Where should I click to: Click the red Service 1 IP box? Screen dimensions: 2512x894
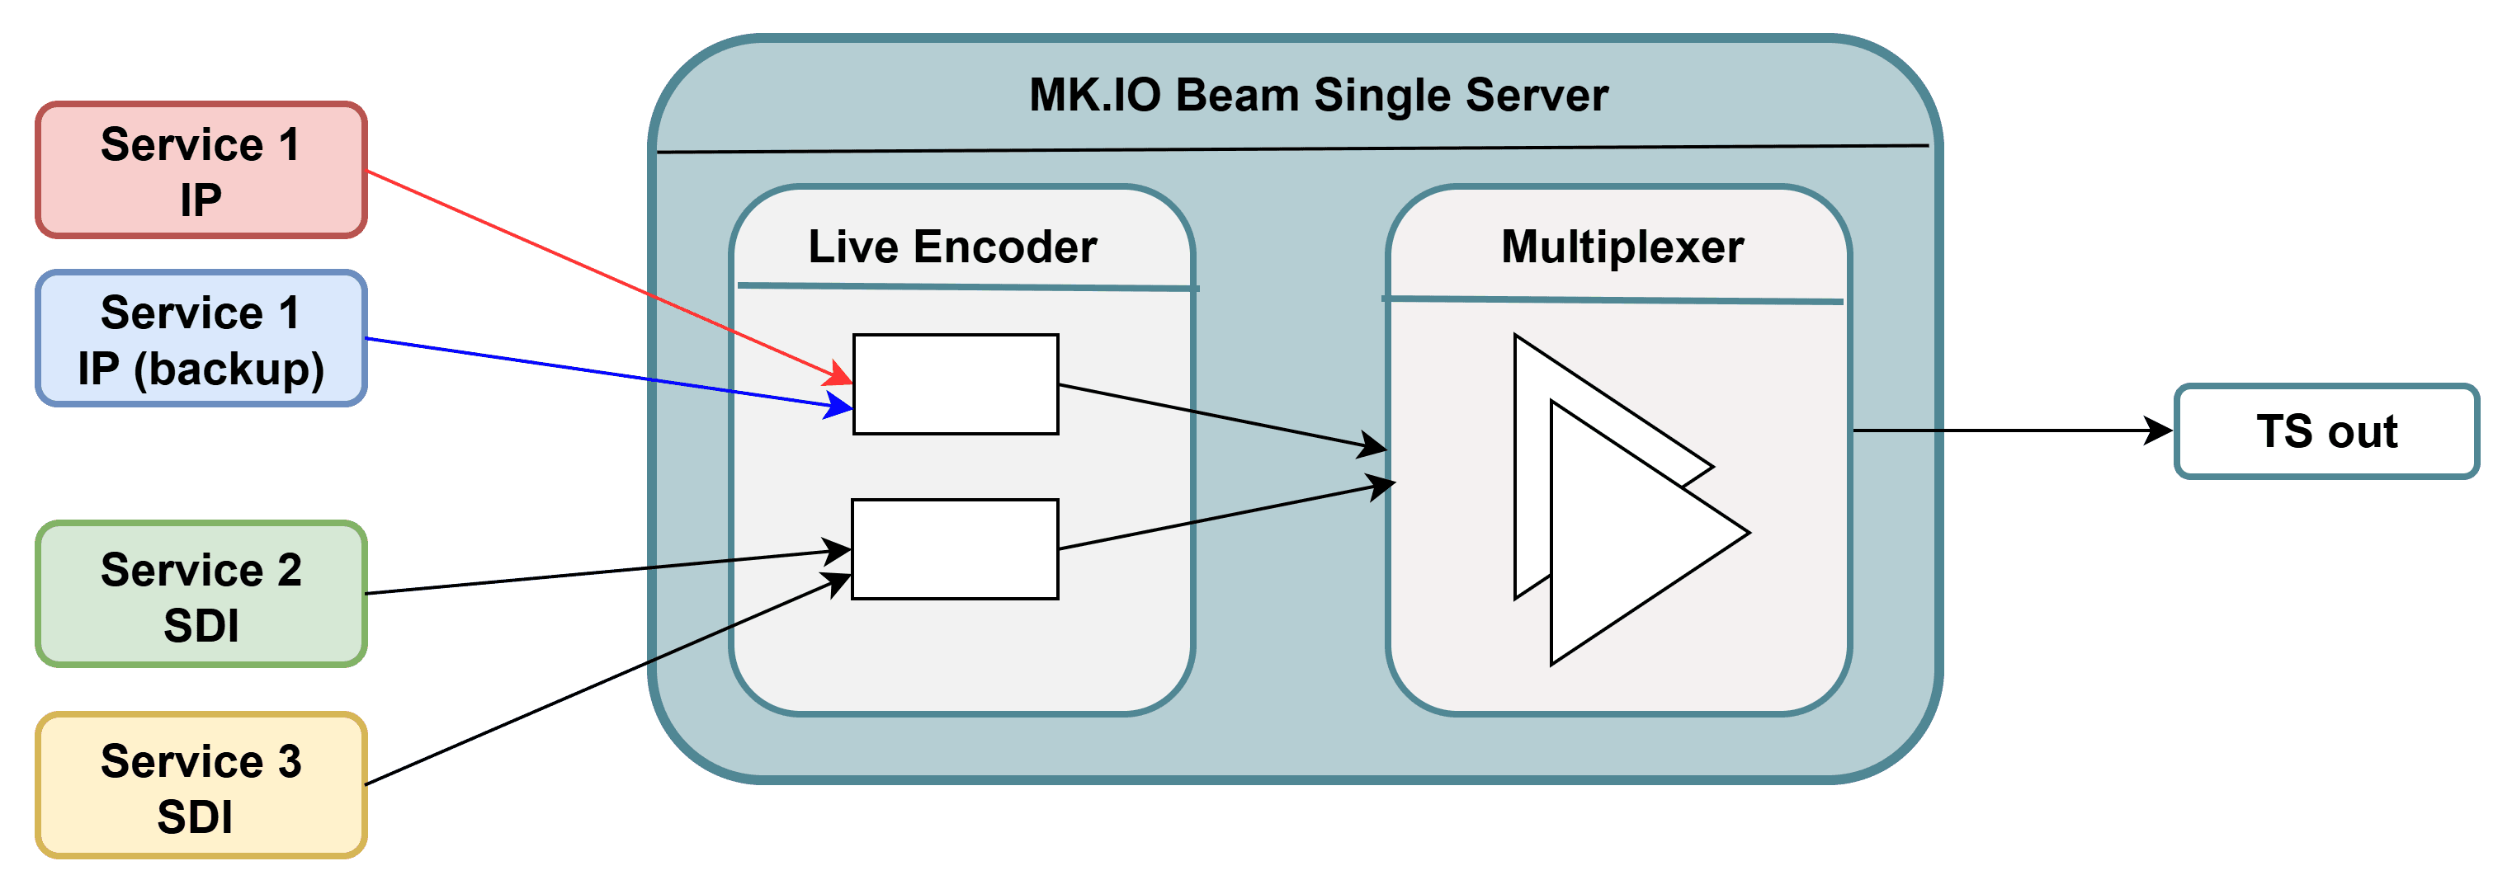tap(201, 170)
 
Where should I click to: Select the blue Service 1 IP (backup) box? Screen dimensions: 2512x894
tap(201, 338)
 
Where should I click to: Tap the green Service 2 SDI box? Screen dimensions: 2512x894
tap(201, 594)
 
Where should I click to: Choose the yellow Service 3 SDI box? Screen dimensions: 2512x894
tap(201, 785)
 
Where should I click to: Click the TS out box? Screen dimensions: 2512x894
tap(2326, 431)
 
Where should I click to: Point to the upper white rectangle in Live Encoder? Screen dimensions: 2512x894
tap(956, 384)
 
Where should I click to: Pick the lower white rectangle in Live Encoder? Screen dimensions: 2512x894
tap(955, 549)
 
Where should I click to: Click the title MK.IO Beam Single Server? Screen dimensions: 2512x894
tap(1319, 96)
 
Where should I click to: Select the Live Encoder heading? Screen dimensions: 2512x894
tap(952, 247)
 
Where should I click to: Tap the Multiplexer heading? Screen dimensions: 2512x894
tap(1622, 247)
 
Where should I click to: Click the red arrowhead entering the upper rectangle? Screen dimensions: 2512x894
tap(838, 373)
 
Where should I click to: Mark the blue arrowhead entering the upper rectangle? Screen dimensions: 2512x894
tap(838, 406)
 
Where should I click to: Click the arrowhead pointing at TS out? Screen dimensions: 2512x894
tap(2158, 430)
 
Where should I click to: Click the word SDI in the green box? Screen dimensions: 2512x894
tap(201, 625)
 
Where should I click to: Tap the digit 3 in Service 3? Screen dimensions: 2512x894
tap(290, 761)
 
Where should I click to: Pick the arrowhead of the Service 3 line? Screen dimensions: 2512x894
tap(837, 583)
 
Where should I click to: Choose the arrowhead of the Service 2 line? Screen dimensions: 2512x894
tap(837, 552)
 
